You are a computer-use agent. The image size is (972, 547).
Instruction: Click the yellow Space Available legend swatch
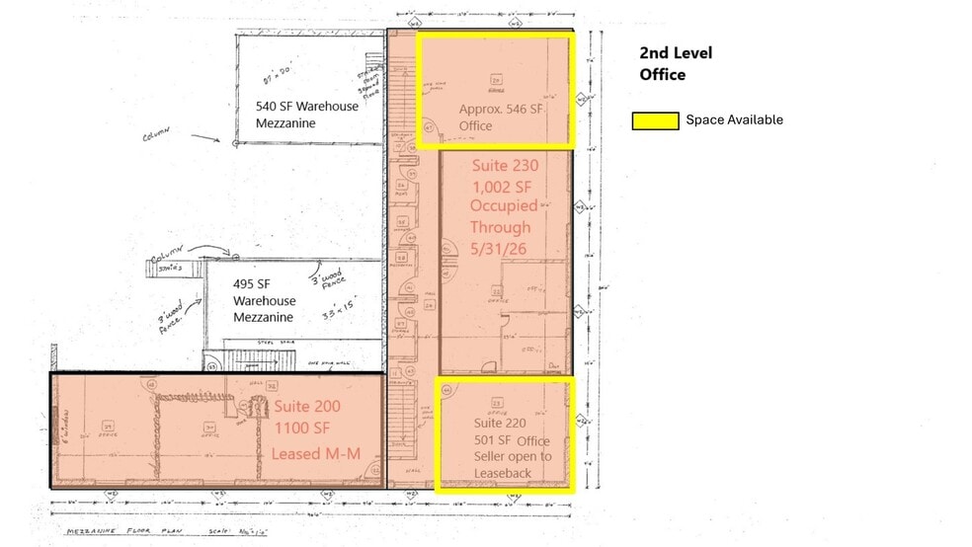[x=655, y=120]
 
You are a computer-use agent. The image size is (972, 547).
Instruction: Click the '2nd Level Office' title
[x=676, y=63]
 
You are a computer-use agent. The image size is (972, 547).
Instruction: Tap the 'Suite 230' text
[x=505, y=165]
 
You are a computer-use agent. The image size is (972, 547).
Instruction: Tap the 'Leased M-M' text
[x=309, y=453]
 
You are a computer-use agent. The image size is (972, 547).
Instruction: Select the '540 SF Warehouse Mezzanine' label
[x=307, y=115]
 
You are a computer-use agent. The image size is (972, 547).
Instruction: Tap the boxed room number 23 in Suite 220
[x=497, y=403]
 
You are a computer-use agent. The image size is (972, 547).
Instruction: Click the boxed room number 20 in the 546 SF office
[x=497, y=79]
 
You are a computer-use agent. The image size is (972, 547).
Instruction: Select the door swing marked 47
[x=429, y=126]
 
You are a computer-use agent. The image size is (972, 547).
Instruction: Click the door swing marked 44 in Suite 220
[x=448, y=390]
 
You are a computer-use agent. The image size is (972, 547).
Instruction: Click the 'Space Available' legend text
[x=734, y=119]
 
